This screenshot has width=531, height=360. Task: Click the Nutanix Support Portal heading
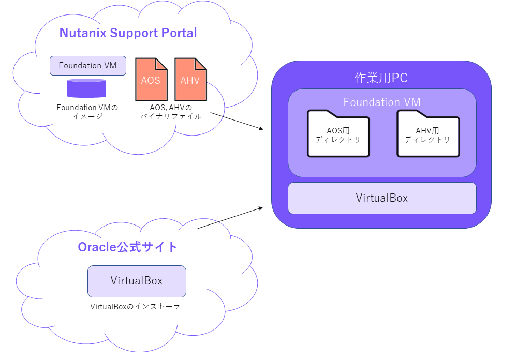pyautogui.click(x=128, y=33)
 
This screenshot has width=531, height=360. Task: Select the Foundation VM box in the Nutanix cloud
pyautogui.click(x=88, y=66)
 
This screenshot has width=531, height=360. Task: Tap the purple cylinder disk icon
pyautogui.click(x=87, y=88)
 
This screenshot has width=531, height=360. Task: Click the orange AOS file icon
pyautogui.click(x=151, y=80)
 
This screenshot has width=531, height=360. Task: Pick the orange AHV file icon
pyautogui.click(x=190, y=80)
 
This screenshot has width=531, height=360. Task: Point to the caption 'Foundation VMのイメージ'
pyautogui.click(x=87, y=112)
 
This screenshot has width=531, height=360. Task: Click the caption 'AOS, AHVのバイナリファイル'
pyautogui.click(x=171, y=112)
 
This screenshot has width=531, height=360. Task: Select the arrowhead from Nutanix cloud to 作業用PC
pyautogui.click(x=261, y=128)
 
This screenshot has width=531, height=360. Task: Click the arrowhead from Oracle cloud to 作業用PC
pyautogui.click(x=261, y=208)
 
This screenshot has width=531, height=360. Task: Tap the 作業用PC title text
pyautogui.click(x=381, y=78)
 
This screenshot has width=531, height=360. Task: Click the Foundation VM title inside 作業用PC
pyautogui.click(x=382, y=102)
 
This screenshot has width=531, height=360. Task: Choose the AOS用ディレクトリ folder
pyautogui.click(x=338, y=133)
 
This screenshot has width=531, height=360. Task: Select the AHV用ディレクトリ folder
pyautogui.click(x=428, y=133)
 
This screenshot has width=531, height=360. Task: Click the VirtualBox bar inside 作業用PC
pyautogui.click(x=382, y=198)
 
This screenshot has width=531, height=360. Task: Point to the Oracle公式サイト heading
pyautogui.click(x=127, y=247)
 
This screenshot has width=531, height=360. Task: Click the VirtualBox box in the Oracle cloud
pyautogui.click(x=137, y=281)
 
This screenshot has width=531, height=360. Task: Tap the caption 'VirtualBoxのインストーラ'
pyautogui.click(x=135, y=307)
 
